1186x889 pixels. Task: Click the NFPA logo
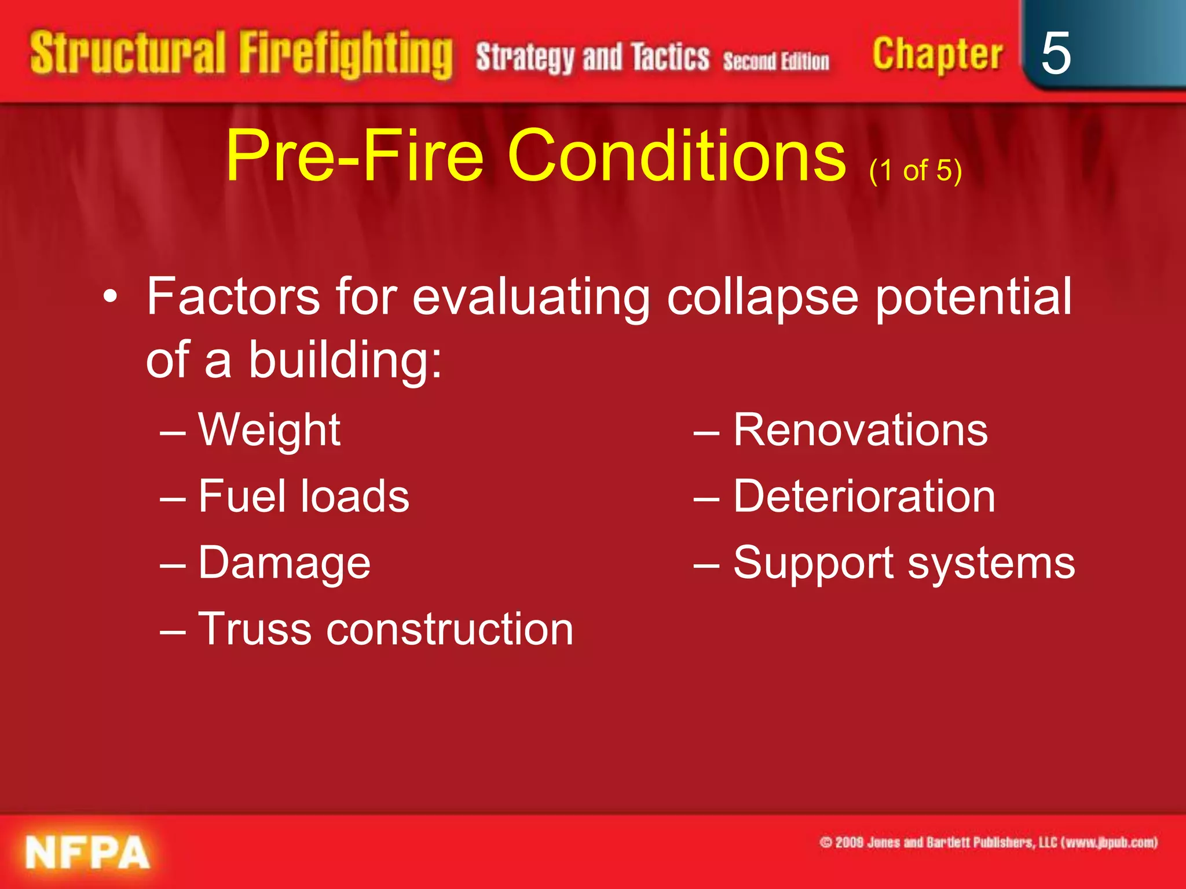[x=87, y=853]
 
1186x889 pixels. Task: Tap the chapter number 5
[x=1055, y=53]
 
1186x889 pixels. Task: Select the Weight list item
[x=269, y=430]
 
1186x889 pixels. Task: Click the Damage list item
[x=284, y=563]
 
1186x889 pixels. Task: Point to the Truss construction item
[x=385, y=629]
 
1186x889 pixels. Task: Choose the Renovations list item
[x=860, y=430]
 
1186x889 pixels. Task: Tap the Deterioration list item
[x=863, y=497]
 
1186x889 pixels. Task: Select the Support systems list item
[x=903, y=563]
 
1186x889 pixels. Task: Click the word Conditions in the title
[x=676, y=155]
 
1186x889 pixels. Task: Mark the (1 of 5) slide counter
[x=916, y=170]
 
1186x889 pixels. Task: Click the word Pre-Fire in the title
[x=354, y=155]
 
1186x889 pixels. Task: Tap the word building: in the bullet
[x=345, y=360]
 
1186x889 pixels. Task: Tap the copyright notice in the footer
[x=988, y=842]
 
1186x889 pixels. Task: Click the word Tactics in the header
[x=670, y=58]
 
